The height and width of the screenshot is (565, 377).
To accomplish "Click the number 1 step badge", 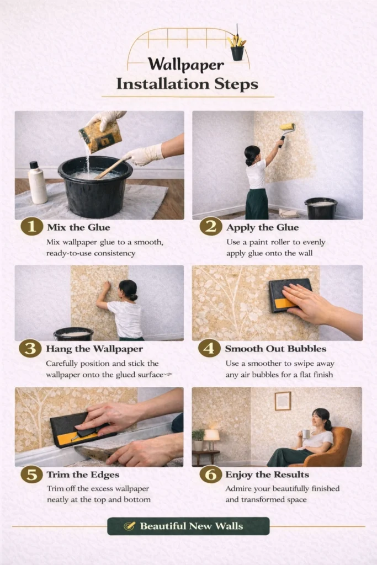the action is click(x=31, y=227).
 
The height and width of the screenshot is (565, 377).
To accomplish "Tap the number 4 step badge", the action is click(x=209, y=348).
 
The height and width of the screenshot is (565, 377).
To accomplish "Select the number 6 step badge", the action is click(x=210, y=474).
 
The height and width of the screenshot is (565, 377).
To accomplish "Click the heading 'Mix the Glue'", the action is click(x=78, y=227).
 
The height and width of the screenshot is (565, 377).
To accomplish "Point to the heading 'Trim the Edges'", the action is click(x=83, y=475).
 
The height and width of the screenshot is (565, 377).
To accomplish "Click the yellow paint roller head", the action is click(x=287, y=127).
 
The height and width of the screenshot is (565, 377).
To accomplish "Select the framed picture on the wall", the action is click(x=283, y=401).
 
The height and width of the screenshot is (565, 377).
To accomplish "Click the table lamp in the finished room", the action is click(x=211, y=439).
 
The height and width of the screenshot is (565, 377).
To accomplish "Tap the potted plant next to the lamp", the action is click(x=198, y=440).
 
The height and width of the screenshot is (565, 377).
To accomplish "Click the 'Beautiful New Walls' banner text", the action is click(x=192, y=526).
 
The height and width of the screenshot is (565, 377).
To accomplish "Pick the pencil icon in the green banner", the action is click(x=129, y=526).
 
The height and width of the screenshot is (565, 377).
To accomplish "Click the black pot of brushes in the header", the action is click(x=237, y=52).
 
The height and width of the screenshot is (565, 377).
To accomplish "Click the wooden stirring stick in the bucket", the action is click(x=111, y=168).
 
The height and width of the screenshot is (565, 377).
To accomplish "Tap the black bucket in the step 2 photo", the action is click(x=321, y=208).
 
